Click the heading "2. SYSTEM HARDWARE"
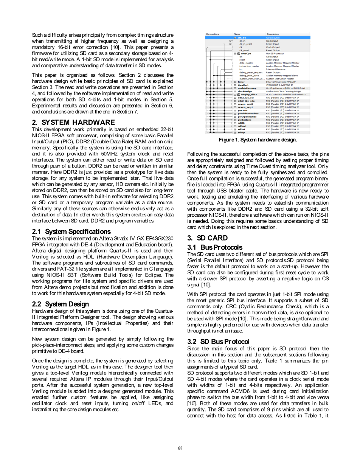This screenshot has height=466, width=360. [x=73, y=122]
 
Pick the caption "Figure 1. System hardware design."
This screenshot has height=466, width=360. [x=258, y=140]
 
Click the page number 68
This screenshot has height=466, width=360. [x=180, y=448]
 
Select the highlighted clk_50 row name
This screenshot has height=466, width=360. [x=242, y=38]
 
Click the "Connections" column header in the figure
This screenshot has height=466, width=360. [x=213, y=34]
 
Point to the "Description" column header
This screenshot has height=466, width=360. [x=273, y=34]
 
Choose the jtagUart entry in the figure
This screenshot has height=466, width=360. [x=244, y=85]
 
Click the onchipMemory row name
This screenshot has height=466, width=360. [x=247, y=88]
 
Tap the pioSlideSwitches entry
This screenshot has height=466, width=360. [x=248, y=113]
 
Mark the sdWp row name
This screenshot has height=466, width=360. [x=241, y=132]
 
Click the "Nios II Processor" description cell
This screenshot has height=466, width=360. [x=276, y=54]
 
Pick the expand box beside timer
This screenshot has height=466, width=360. [x=235, y=82]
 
